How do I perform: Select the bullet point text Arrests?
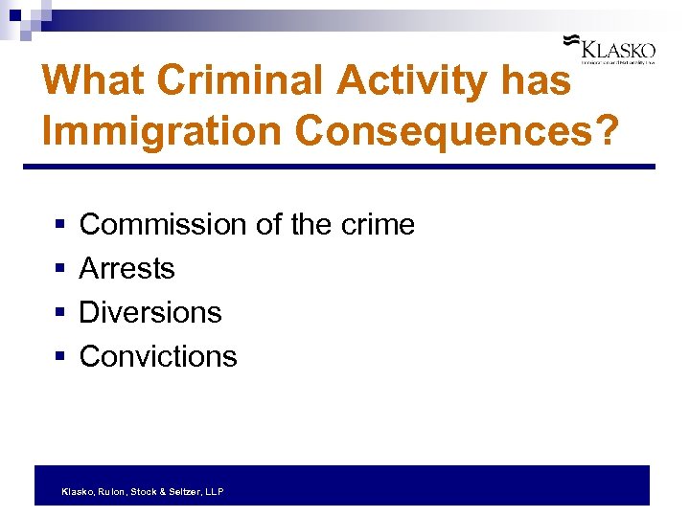coord(127,269)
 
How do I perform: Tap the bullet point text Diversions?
coord(150,312)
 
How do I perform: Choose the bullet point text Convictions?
coord(158,356)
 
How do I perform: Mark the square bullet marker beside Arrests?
coord(59,269)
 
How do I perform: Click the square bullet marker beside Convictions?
coord(59,357)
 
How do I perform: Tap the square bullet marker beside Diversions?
coord(59,313)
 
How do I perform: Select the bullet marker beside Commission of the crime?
coord(59,225)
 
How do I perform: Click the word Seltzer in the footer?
coord(186,491)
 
